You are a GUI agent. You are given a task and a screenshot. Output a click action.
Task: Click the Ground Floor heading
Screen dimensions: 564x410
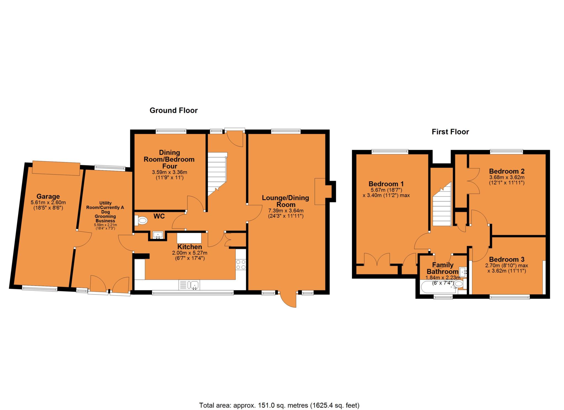[x=173, y=110]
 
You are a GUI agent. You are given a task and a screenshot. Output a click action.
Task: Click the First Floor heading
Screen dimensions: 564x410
[x=450, y=132]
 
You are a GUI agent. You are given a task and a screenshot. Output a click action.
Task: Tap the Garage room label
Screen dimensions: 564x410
[x=48, y=196]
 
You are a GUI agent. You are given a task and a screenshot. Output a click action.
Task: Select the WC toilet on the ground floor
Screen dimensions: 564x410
[x=141, y=220]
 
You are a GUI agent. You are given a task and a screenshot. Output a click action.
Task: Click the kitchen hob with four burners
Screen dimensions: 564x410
[x=241, y=264]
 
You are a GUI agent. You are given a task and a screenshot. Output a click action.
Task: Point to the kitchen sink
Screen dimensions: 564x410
[x=189, y=285]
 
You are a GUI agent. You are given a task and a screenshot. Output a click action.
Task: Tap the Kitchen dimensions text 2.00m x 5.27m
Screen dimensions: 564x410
[x=189, y=253]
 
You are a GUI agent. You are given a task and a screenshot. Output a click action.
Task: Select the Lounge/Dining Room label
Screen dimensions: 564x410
[x=285, y=201]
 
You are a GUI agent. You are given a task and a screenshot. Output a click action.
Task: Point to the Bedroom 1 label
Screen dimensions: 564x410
[x=387, y=184]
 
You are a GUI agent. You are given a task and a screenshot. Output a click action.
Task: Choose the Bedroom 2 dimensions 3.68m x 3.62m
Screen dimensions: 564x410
[x=507, y=177]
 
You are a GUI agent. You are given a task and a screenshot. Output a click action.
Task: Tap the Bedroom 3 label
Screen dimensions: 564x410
[x=507, y=259]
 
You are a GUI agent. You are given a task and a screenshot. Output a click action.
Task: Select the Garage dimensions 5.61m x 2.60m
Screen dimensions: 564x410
[x=48, y=202]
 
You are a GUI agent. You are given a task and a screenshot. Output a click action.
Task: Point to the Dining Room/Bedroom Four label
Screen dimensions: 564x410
[x=169, y=159]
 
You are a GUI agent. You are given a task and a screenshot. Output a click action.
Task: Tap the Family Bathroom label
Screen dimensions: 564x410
[x=443, y=268]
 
